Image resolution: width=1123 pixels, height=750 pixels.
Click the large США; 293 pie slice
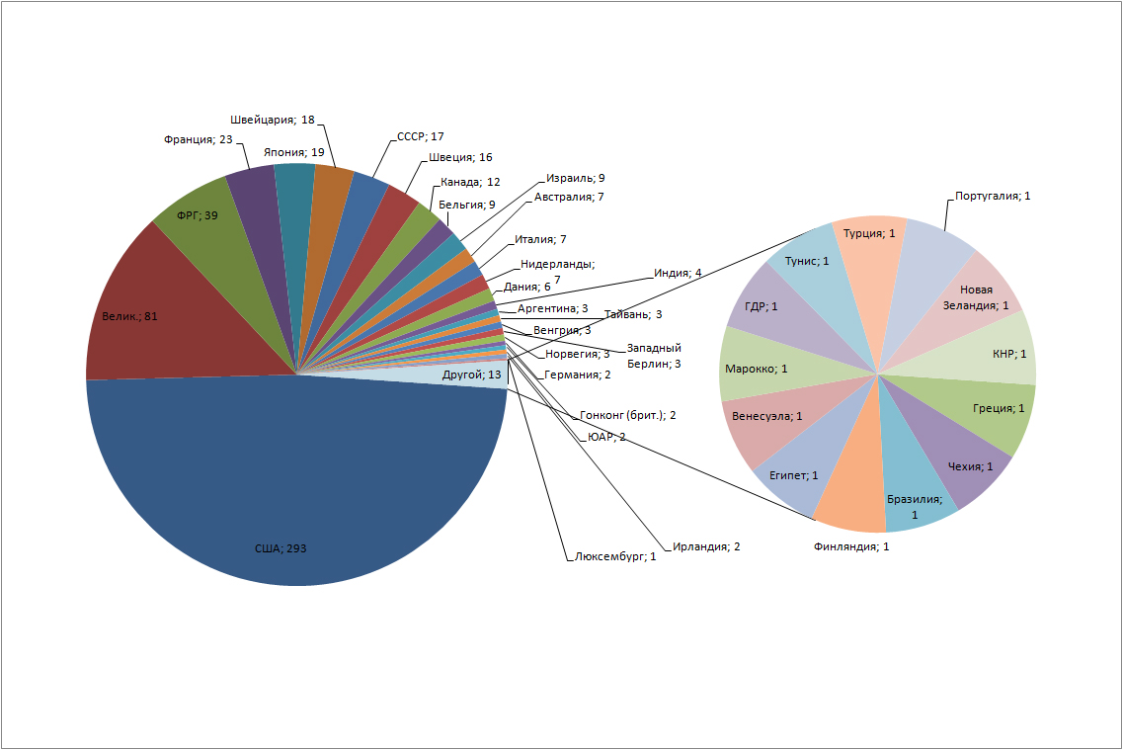[296, 487]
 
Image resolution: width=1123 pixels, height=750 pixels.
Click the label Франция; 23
[199, 139]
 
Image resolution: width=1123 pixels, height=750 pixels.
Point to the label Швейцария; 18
[273, 120]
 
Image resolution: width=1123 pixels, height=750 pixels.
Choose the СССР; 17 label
[421, 136]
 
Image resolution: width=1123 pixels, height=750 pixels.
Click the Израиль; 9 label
[575, 178]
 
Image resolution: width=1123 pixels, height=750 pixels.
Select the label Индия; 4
[678, 273]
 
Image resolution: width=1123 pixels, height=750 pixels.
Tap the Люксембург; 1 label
[615, 556]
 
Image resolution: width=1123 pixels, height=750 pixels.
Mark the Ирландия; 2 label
[706, 546]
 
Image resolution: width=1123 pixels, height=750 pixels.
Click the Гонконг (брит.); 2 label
[628, 415]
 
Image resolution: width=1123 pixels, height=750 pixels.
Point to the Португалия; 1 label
[993, 196]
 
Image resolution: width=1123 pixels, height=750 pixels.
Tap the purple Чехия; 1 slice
[960, 458]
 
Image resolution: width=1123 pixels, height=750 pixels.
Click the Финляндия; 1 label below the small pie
[850, 546]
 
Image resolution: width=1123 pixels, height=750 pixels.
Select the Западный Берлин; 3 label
[654, 356]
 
